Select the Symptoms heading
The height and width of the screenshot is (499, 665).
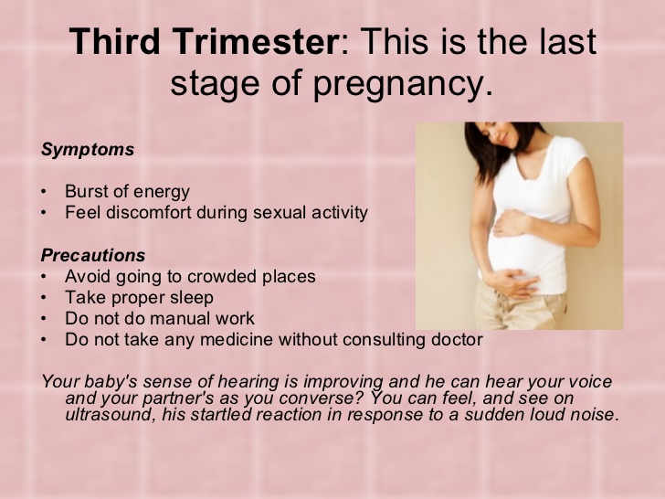[x=88, y=149]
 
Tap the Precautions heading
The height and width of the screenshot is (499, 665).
[x=93, y=255]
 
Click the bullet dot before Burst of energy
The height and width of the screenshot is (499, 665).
[x=44, y=192]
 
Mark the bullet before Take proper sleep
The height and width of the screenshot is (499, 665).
[x=44, y=298]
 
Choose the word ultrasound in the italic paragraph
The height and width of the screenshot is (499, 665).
[x=109, y=414]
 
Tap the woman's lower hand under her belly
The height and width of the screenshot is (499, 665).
[x=511, y=282]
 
